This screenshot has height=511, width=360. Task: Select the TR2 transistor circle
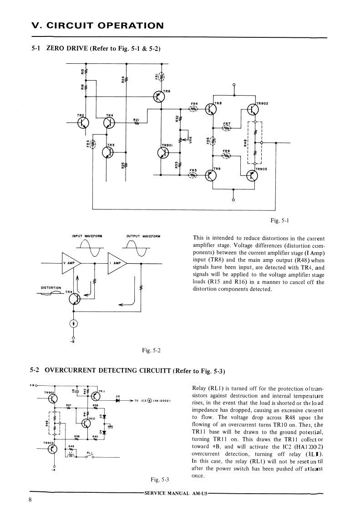tap(83, 123)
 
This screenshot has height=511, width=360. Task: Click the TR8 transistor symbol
tap(210, 109)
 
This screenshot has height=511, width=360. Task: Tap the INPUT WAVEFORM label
tap(87, 236)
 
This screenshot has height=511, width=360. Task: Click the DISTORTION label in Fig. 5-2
tap(51, 287)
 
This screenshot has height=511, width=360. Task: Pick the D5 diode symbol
tap(117, 401)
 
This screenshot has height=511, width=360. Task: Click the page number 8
tap(30, 500)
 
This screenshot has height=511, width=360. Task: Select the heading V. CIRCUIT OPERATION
tap(96, 26)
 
